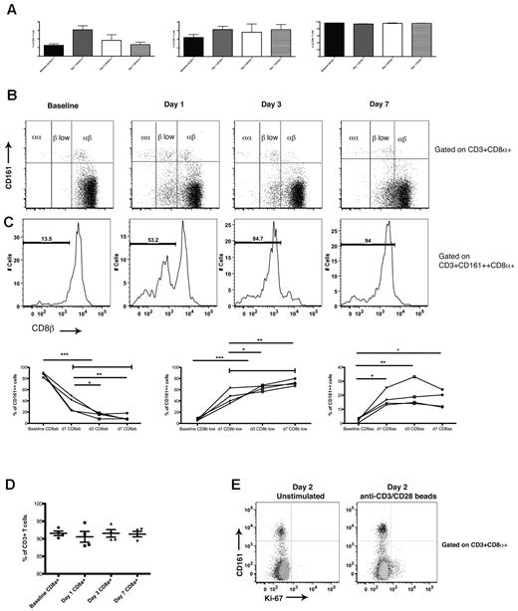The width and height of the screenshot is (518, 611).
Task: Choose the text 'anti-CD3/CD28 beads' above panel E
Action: click(x=379, y=500)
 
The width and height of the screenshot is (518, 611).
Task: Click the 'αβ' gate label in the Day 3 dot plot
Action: click(x=292, y=125)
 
